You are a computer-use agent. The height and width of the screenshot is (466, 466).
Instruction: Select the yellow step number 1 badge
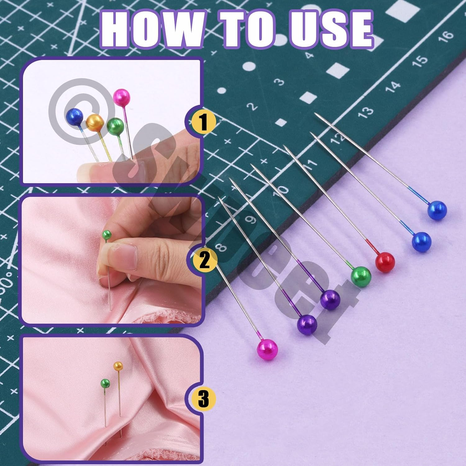click(x=203, y=122)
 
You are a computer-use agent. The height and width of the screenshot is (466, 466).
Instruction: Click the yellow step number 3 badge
click(x=203, y=398)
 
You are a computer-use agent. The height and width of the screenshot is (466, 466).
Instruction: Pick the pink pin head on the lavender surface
click(x=267, y=349)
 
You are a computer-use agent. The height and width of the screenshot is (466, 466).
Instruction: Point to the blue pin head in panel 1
click(x=75, y=117)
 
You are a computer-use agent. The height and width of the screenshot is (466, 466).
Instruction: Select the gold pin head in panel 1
click(x=94, y=123)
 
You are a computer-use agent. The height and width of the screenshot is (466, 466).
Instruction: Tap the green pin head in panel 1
click(x=115, y=126)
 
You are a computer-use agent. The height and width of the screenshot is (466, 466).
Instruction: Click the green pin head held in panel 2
click(x=107, y=235)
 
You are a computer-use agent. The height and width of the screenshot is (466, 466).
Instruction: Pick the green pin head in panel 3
click(x=105, y=383)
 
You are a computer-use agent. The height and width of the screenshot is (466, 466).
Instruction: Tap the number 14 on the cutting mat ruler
click(x=393, y=86)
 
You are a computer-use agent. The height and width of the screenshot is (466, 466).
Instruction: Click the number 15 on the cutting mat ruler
click(x=420, y=61)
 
